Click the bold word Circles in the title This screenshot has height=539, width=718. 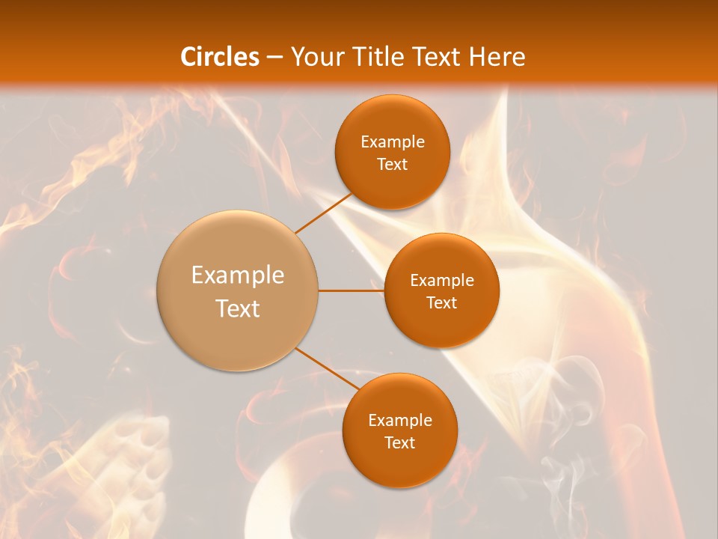point(220,57)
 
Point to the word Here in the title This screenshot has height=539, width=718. point(497,57)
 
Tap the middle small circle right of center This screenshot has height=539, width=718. point(442,326)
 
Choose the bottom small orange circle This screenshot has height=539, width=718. point(400,464)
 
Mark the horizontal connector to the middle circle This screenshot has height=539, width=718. point(352,290)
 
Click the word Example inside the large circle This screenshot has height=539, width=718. point(238,275)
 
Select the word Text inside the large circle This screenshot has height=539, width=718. point(238,308)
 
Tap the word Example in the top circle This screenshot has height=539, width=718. point(393,142)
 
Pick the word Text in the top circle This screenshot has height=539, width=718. point(393,165)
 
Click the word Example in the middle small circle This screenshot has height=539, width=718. point(442,281)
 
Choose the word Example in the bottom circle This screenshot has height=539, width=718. point(400,421)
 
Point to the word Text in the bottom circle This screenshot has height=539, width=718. point(400,443)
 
